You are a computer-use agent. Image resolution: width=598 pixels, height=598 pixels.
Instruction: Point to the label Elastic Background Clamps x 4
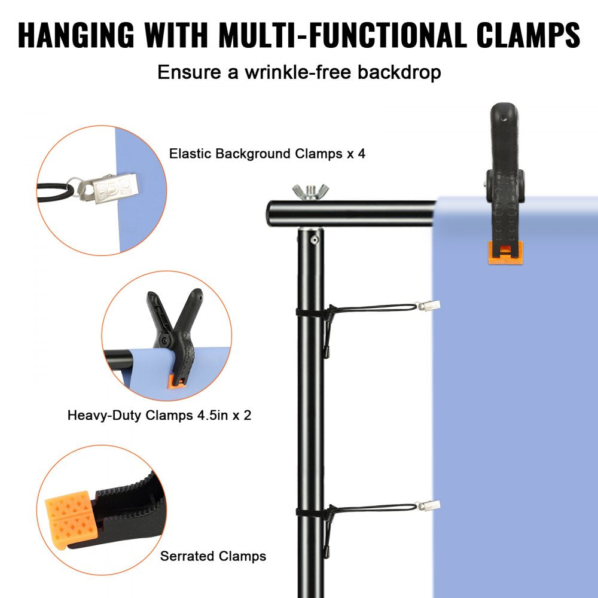(267, 154)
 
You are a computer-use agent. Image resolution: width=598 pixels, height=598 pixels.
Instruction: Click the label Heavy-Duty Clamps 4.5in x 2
(159, 414)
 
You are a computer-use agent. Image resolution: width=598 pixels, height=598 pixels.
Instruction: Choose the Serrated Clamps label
(213, 556)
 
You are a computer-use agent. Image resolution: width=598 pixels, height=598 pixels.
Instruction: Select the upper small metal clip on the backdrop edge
(429, 307)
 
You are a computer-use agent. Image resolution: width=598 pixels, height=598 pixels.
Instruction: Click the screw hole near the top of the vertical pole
(313, 239)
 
